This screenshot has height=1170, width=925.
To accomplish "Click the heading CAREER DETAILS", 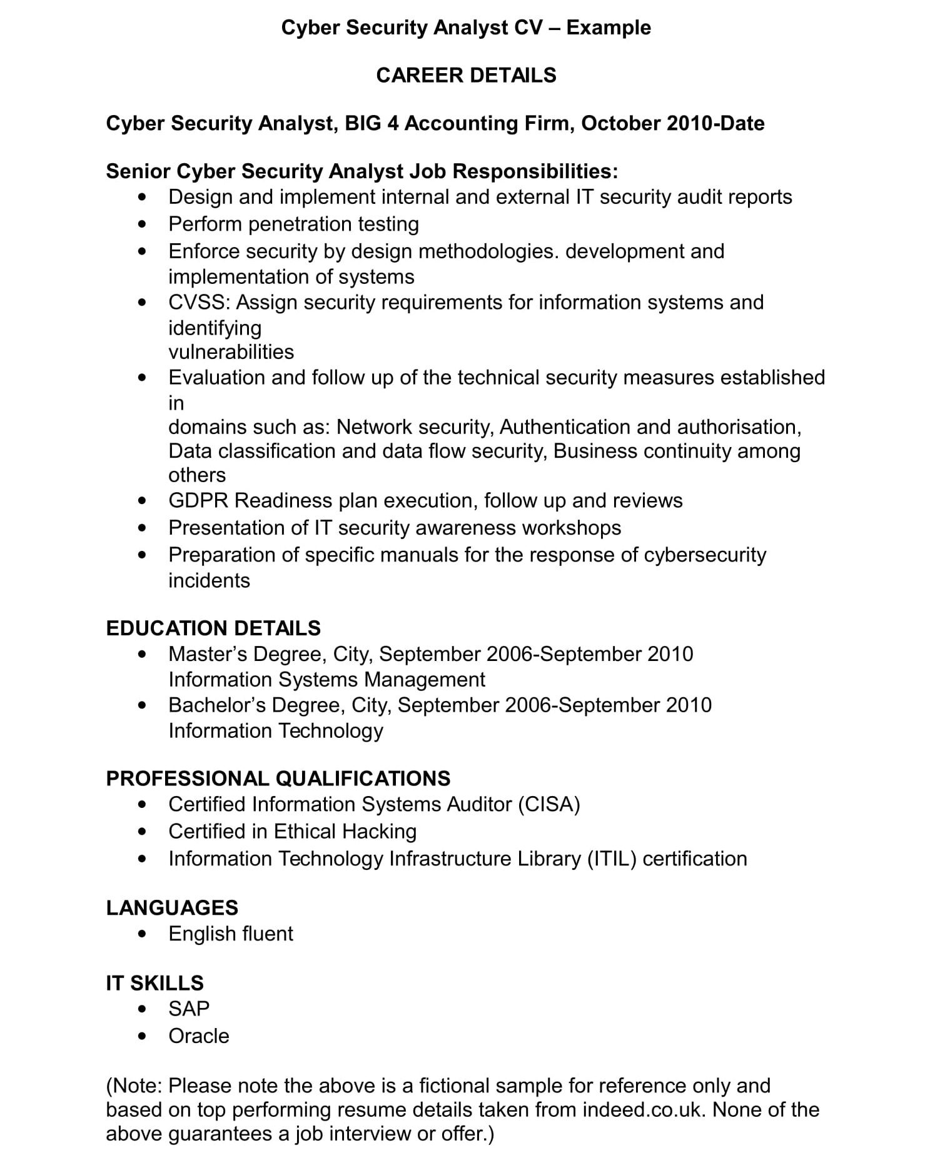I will tap(466, 75).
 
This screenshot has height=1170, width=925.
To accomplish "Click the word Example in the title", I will tap(609, 28).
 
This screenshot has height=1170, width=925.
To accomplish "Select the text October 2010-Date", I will tap(672, 123).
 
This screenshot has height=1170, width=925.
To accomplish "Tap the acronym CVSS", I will tap(199, 303).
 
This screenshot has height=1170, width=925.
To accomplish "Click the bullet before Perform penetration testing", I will tap(143, 224).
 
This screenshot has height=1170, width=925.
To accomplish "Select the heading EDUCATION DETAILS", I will tap(213, 628).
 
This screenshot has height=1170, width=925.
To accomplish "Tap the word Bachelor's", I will tap(217, 705).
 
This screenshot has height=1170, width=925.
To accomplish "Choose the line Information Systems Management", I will tap(326, 680).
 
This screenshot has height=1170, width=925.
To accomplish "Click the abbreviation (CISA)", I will tap(548, 804).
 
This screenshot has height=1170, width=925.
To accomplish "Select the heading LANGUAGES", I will tap(172, 907).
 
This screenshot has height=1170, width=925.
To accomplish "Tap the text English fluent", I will tap(230, 934).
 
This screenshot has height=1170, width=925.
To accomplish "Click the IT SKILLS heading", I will tap(154, 983).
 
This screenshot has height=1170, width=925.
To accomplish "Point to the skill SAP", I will tap(188, 1009).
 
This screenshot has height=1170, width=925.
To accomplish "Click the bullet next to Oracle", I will tap(143, 1036).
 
